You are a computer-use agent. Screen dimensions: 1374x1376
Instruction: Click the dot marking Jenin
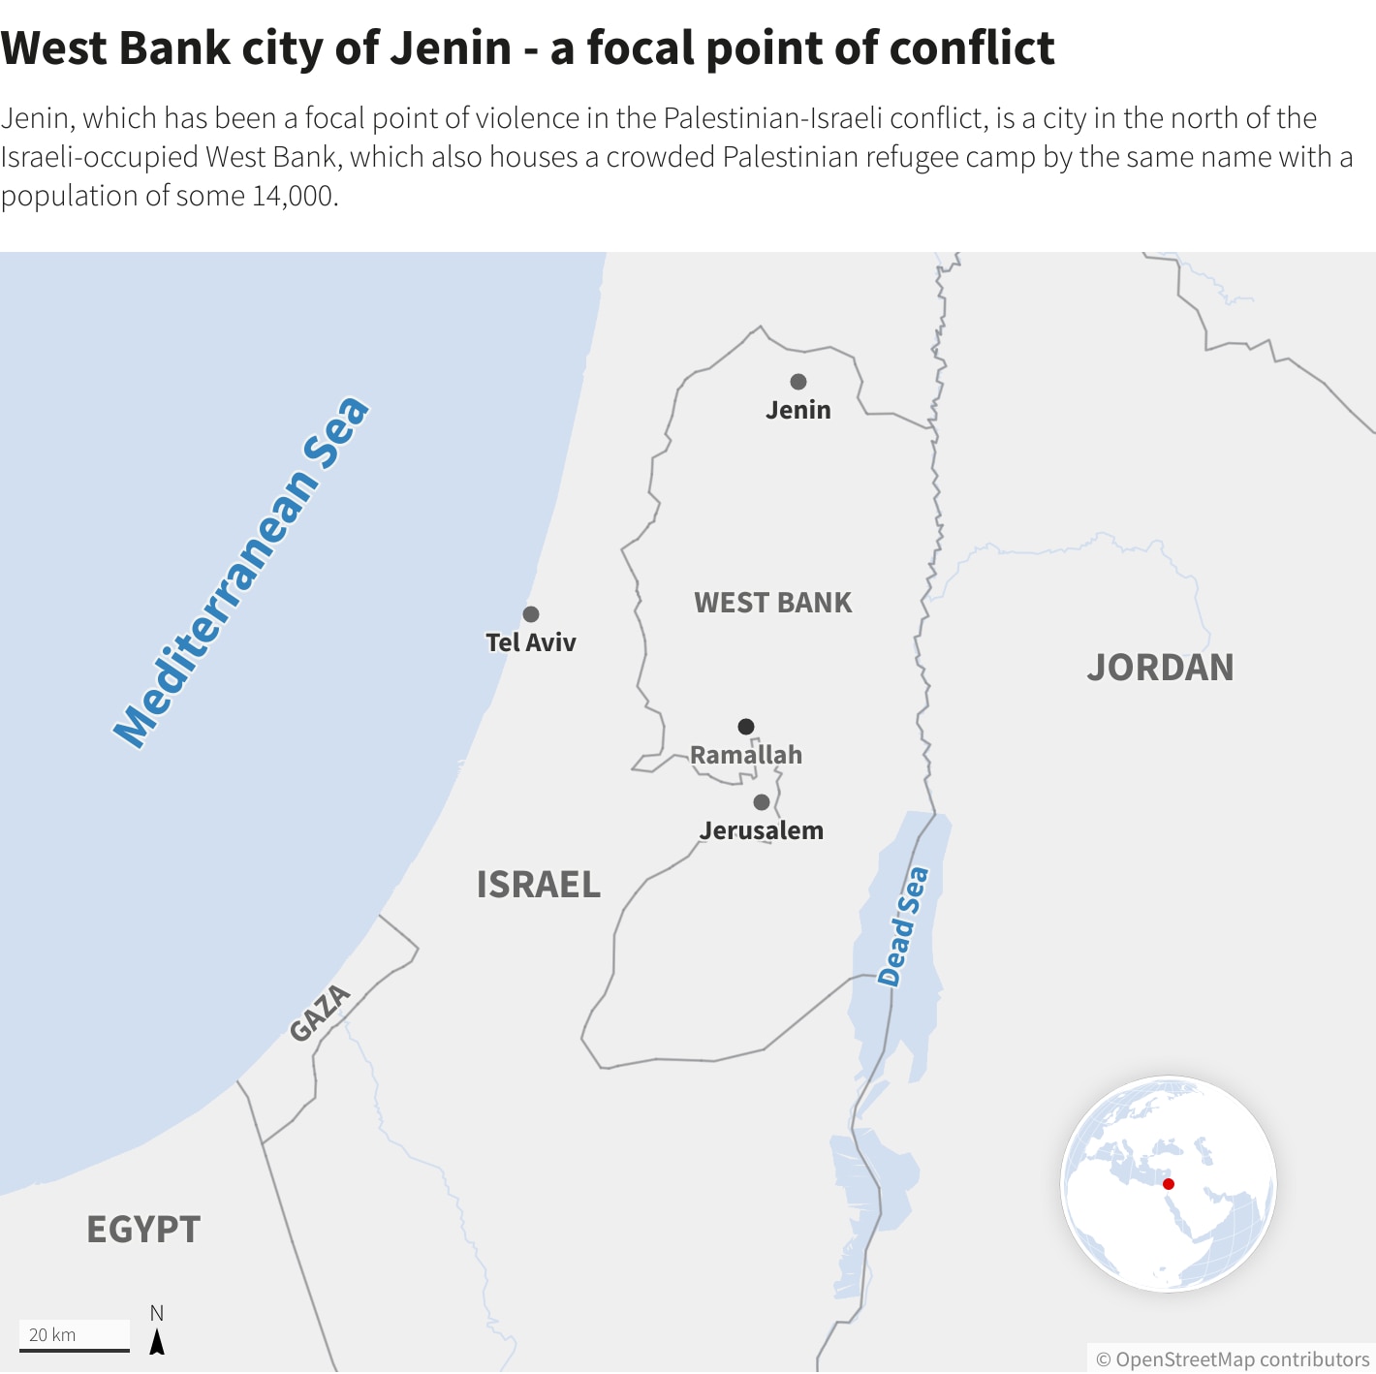(798, 382)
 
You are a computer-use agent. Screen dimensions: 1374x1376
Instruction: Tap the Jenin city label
(798, 410)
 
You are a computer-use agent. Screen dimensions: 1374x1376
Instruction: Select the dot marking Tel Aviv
(531, 614)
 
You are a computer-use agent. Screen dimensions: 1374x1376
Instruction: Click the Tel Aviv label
(531, 642)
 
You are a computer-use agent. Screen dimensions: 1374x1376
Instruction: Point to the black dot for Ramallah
(746, 727)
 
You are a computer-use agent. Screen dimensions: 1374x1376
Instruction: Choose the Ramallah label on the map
(746, 755)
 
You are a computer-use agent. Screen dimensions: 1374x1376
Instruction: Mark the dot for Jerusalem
(762, 802)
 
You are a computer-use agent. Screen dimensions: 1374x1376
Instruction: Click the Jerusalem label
(762, 830)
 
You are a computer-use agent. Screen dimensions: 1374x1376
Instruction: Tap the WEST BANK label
(773, 603)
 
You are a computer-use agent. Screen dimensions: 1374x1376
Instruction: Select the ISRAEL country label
(539, 885)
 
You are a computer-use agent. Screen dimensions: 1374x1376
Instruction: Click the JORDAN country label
(1160, 668)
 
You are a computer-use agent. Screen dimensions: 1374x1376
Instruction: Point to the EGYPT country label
(143, 1230)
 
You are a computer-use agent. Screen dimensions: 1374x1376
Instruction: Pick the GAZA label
(320, 1013)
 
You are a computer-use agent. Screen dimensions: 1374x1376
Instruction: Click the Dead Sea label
(903, 926)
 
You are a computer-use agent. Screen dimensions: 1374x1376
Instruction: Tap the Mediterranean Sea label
(241, 573)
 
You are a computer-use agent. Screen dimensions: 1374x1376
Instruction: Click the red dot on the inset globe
(1169, 1184)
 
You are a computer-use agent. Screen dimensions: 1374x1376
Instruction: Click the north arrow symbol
(157, 1342)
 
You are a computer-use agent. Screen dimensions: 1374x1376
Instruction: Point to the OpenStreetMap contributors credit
(1233, 1359)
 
